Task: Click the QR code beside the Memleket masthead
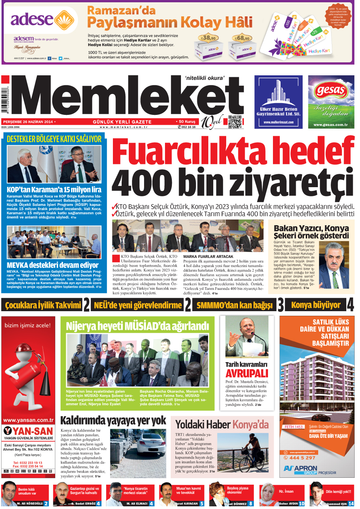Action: tap(235, 122)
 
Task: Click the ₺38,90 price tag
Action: tap(208, 38)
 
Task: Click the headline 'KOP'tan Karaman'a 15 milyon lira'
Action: tap(54, 189)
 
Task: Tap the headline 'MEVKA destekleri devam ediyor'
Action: tap(52, 265)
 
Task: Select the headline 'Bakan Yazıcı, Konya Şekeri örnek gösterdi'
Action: tap(311, 232)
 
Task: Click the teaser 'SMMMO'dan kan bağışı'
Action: tap(235, 305)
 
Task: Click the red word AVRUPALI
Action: tap(247, 374)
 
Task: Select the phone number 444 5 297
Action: tap(302, 458)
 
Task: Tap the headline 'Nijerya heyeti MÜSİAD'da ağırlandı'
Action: tap(137, 326)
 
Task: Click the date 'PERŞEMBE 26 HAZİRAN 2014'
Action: tap(28, 122)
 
